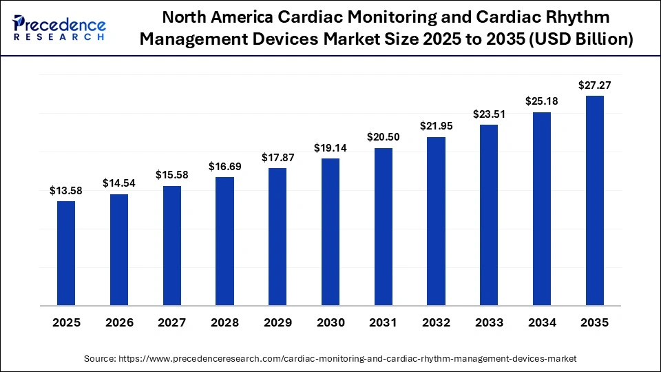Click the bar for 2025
tap(66, 253)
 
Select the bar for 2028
tap(224, 240)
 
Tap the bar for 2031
tap(384, 226)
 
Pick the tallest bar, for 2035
tap(595, 200)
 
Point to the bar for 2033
tap(489, 214)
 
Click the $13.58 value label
tap(66, 191)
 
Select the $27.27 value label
tap(595, 85)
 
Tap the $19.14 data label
tap(330, 148)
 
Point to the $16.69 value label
tap(224, 167)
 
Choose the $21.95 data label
tap(436, 126)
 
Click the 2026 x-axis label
tap(119, 322)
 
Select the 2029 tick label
tap(277, 322)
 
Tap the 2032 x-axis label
tap(436, 322)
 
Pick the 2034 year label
tap(542, 322)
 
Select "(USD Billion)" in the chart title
tap(580, 41)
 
